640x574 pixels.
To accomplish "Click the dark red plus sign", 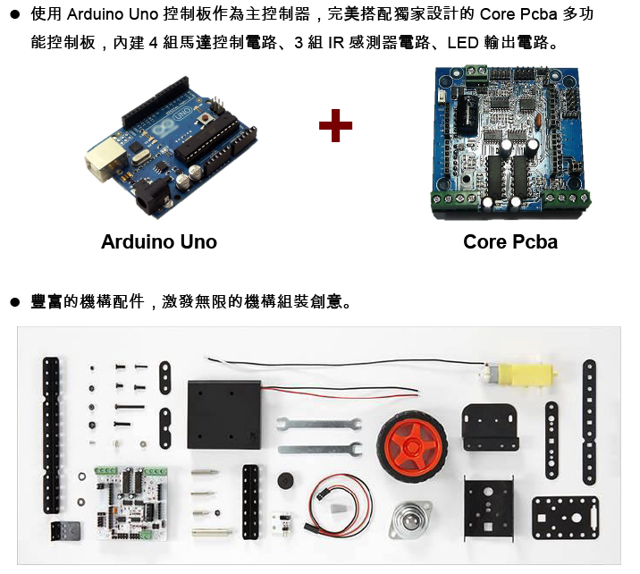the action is (335, 125).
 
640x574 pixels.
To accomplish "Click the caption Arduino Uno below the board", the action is (159, 241).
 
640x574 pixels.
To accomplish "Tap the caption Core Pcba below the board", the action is (510, 241).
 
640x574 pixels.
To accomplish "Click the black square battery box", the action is (223, 414).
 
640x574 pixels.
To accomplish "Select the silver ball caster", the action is (409, 519).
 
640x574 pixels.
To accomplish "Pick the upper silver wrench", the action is (319, 424).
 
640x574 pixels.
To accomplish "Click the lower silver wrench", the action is (320, 450).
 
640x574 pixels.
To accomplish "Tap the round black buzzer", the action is (285, 480).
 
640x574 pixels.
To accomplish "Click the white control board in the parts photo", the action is (131, 503).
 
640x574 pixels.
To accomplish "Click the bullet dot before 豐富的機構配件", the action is (15, 302).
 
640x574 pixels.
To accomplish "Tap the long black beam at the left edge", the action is (52, 435).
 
